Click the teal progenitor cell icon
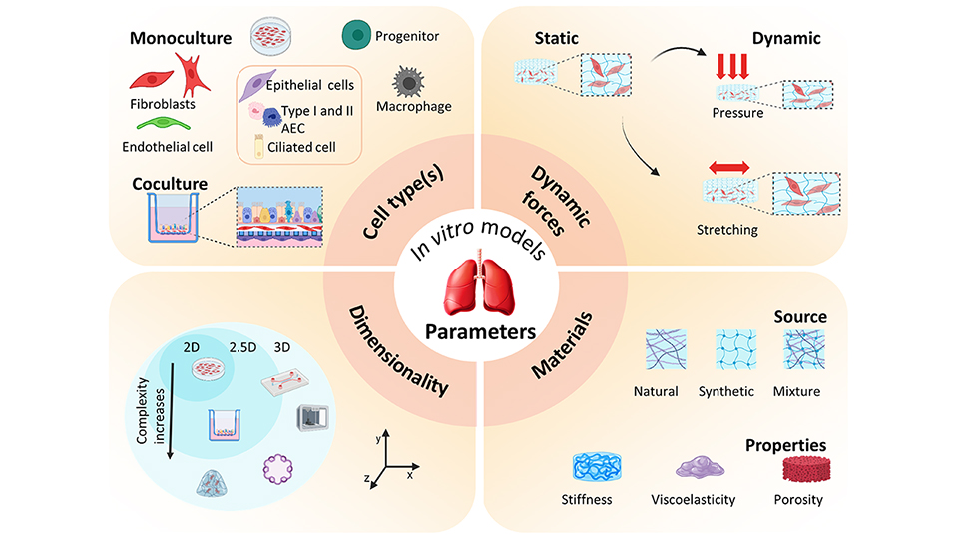[x=355, y=36]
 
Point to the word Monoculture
[x=179, y=39]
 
